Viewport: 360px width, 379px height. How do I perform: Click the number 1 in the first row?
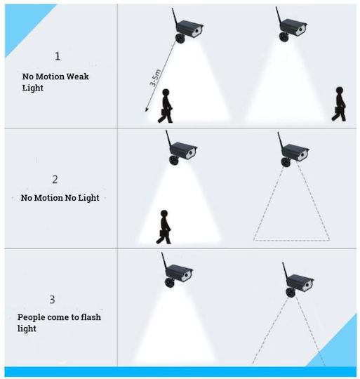pyautogui.click(x=58, y=56)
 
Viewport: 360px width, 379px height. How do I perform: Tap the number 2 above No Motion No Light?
pyautogui.click(x=55, y=180)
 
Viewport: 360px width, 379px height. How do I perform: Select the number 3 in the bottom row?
pyautogui.click(x=52, y=299)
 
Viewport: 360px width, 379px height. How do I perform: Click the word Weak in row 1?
pyautogui.click(x=77, y=77)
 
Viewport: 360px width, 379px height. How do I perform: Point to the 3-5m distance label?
pyautogui.click(x=155, y=78)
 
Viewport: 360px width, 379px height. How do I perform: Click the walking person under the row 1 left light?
pyautogui.click(x=165, y=106)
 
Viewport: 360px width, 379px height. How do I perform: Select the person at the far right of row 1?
pyautogui.click(x=339, y=104)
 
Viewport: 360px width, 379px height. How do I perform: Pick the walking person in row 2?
pyautogui.click(x=164, y=227)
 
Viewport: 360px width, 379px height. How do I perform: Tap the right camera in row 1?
pyautogui.click(x=291, y=25)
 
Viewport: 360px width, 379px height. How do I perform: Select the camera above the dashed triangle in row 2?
pyautogui.click(x=293, y=150)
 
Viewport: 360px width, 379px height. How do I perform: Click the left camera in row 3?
pyautogui.click(x=177, y=271)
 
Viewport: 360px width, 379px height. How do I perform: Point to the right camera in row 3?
pyautogui.click(x=298, y=280)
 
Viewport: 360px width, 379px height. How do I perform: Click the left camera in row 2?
pyautogui.click(x=181, y=148)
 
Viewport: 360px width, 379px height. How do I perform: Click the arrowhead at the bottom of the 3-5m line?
pyautogui.click(x=147, y=110)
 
